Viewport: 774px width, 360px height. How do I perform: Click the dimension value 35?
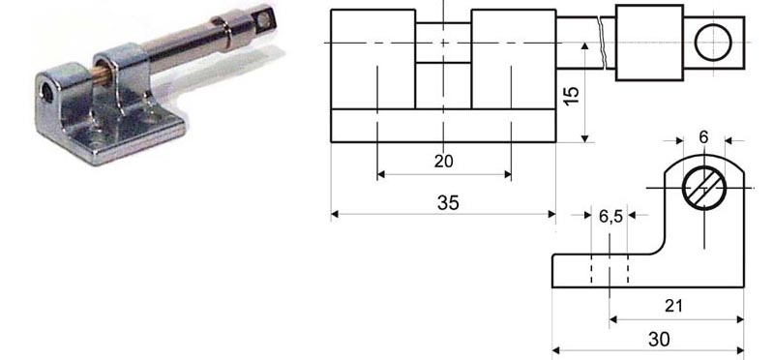point(448,203)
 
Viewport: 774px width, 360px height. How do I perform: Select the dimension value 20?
point(443,162)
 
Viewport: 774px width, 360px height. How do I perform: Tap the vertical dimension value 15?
point(572,95)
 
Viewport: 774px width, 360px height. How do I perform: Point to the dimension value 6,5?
point(610,216)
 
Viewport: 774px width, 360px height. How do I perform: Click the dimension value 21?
point(673,306)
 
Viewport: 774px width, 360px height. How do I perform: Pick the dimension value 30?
point(660,339)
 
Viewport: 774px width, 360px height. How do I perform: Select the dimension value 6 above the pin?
point(703,137)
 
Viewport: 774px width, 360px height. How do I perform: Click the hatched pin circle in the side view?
point(704,188)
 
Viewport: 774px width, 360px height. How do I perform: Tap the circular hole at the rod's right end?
point(713,43)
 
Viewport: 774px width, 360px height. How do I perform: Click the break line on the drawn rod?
point(601,43)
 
